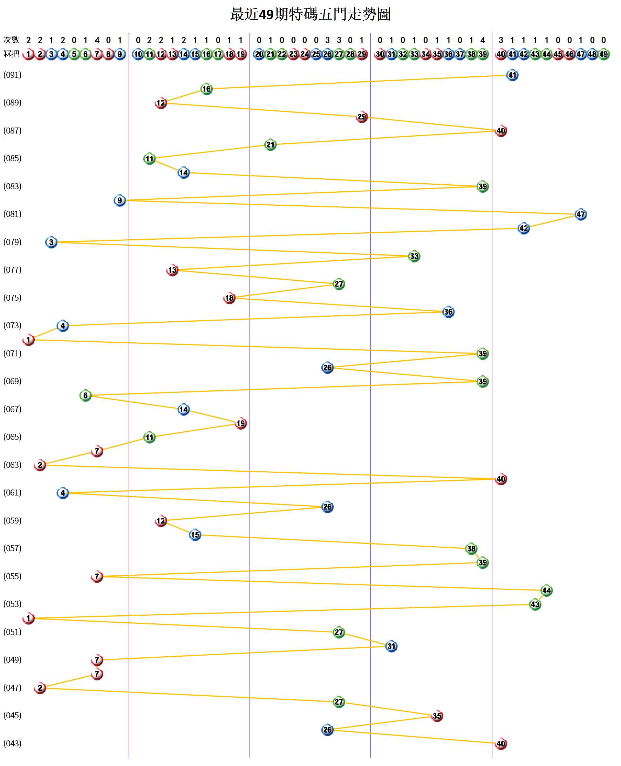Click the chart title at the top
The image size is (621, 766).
tap(310, 14)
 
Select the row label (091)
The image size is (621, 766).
tap(13, 75)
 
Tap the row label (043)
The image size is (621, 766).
tap(13, 743)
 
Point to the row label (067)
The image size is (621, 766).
tap(13, 409)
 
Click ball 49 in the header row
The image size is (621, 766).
tap(603, 54)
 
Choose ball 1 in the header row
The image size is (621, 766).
tap(28, 54)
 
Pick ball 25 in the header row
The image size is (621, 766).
tap(316, 54)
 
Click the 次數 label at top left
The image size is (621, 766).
tap(11, 40)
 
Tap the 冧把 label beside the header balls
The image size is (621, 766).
tap(11, 54)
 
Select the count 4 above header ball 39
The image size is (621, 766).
tap(483, 40)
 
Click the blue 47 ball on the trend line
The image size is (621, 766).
tap(581, 214)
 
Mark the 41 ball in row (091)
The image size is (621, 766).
tap(512, 75)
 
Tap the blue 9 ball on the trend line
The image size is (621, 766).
tap(120, 200)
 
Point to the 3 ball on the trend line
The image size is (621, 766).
tap(51, 242)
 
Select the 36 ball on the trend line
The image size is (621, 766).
tap(448, 312)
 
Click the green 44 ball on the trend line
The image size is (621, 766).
tap(546, 590)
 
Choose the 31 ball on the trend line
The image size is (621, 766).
tap(391, 646)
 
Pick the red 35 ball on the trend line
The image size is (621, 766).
tap(437, 716)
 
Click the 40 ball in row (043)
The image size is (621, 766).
tap(501, 744)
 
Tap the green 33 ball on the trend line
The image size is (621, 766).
tap(414, 256)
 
